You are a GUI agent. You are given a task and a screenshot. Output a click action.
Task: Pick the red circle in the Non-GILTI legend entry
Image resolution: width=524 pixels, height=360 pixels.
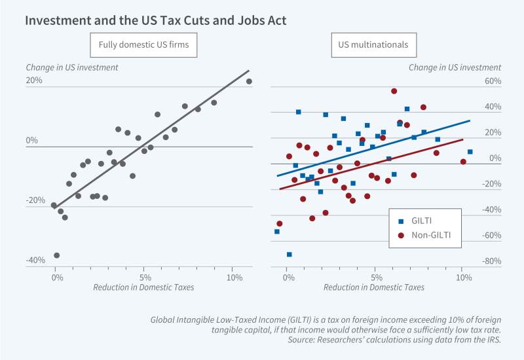402,234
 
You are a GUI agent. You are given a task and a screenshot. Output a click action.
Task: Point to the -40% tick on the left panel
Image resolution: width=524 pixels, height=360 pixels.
35,261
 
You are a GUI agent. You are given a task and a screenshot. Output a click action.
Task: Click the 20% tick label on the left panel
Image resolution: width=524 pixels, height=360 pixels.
34,81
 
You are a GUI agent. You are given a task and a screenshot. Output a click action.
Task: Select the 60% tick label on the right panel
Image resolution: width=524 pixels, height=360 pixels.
493,81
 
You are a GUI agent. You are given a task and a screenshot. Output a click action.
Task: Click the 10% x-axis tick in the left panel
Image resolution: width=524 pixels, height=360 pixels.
234,278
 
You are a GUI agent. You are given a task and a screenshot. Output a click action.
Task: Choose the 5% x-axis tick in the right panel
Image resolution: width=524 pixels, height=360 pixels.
375,278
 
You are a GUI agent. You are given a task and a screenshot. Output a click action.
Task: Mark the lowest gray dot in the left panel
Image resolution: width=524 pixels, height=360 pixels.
56,255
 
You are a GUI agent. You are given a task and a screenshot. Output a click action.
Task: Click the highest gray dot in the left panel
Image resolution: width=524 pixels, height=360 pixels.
249,81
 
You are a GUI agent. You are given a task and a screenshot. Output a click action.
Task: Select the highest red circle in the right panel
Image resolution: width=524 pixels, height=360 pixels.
394,91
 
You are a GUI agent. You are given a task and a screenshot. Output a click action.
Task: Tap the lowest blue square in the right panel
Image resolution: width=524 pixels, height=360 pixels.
289,254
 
